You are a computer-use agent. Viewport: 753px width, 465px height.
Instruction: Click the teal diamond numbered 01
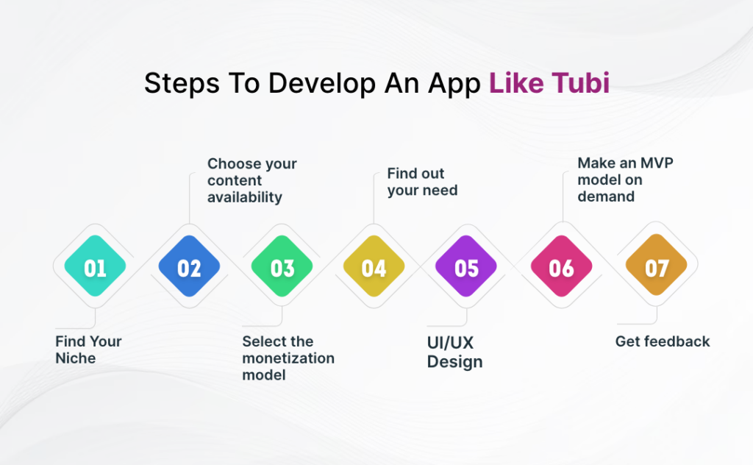95,268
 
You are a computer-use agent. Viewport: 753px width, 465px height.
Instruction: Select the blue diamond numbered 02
189,268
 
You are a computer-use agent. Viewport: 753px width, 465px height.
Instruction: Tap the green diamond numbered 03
282,268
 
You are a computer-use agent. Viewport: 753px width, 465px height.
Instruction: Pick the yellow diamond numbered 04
374,268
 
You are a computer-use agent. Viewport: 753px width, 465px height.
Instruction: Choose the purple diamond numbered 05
466,268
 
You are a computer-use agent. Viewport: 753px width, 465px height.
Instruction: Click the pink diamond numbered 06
561,268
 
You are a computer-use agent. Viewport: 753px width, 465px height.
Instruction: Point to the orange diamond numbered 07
657,268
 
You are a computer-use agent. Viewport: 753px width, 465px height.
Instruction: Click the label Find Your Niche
88,349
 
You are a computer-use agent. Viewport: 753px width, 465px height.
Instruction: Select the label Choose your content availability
251,180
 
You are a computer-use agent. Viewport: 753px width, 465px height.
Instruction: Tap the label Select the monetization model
288,358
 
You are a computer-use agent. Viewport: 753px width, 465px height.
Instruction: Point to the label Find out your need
422,182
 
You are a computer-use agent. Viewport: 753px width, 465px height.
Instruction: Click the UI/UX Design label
454,352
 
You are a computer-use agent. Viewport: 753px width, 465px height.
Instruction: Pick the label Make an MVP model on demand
624,180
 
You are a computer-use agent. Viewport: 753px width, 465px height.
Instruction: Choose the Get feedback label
663,341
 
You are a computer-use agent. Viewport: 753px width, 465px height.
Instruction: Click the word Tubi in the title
581,83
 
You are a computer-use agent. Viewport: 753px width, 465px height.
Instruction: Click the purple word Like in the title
515,83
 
